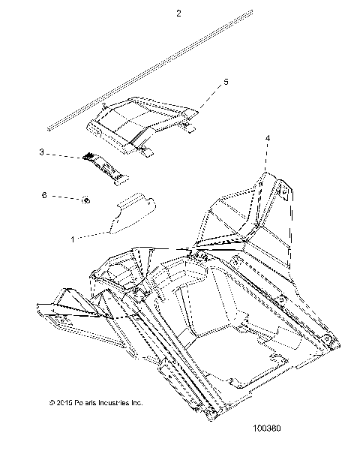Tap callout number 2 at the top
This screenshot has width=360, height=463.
tap(178, 14)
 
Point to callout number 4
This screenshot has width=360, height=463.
tap(268, 138)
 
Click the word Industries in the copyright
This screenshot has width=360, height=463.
tap(111, 402)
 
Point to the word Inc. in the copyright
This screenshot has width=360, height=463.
tap(136, 402)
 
